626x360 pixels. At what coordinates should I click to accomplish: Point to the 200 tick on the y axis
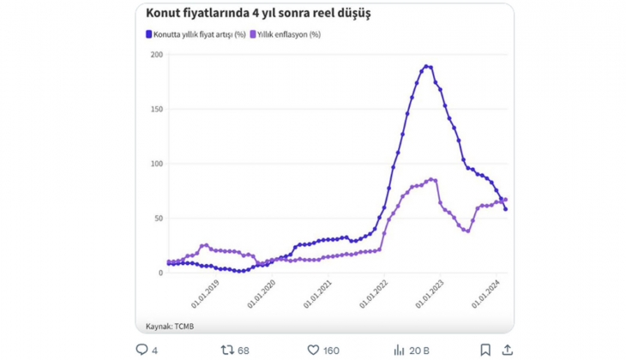click(x=156, y=55)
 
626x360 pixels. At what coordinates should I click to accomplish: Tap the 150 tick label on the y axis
click(x=156, y=109)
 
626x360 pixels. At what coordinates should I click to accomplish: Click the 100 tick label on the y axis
click(x=156, y=164)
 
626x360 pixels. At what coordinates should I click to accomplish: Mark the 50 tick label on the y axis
click(x=158, y=218)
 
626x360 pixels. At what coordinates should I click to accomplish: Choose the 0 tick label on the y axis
click(x=160, y=273)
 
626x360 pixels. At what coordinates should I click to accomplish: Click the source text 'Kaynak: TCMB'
click(x=171, y=327)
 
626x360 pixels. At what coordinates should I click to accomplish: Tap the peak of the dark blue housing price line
click(x=426, y=66)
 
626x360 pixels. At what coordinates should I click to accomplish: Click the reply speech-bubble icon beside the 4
click(x=142, y=350)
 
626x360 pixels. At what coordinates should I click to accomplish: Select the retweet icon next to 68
click(x=227, y=350)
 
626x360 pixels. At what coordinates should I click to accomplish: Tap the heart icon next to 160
click(x=314, y=350)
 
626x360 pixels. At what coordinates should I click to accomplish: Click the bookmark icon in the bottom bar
click(x=485, y=350)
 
